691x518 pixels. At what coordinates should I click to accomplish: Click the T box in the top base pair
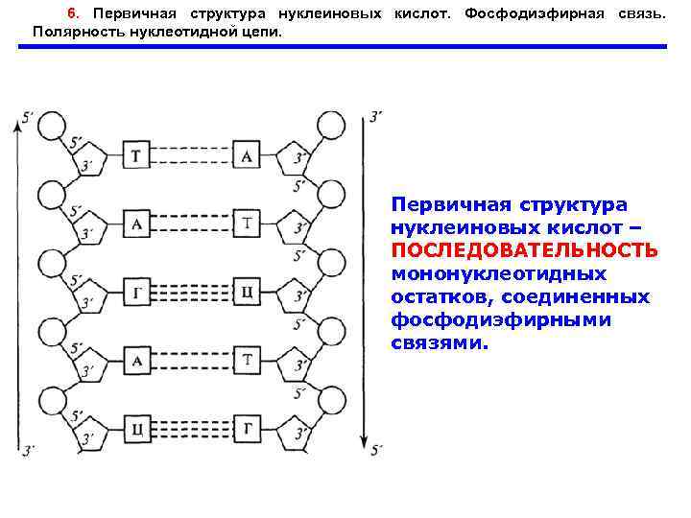[137, 156]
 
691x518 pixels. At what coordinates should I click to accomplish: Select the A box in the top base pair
[247, 156]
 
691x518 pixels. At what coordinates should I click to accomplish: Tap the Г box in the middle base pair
[137, 293]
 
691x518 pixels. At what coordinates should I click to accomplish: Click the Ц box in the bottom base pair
[137, 428]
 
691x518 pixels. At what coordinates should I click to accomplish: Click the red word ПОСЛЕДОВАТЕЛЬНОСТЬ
[524, 250]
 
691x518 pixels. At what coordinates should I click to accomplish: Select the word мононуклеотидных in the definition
[499, 273]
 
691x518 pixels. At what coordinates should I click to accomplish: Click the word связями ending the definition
[439, 342]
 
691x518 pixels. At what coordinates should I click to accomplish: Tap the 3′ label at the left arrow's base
[29, 449]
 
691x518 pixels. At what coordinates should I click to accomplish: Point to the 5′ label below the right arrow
[376, 449]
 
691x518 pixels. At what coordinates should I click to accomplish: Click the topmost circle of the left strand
[49, 126]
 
